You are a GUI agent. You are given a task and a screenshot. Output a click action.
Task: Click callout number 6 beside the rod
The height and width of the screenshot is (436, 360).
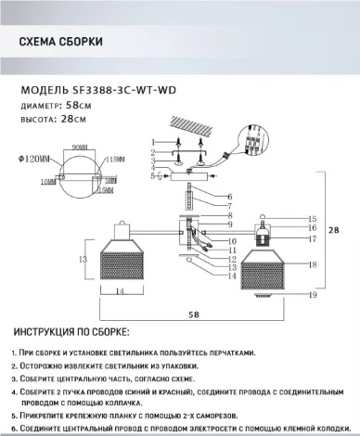(228, 197)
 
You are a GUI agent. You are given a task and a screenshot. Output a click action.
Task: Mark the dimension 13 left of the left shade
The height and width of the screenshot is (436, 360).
(82, 259)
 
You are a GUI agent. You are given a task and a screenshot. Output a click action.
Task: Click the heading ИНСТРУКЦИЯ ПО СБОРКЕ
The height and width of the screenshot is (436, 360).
(71, 332)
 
